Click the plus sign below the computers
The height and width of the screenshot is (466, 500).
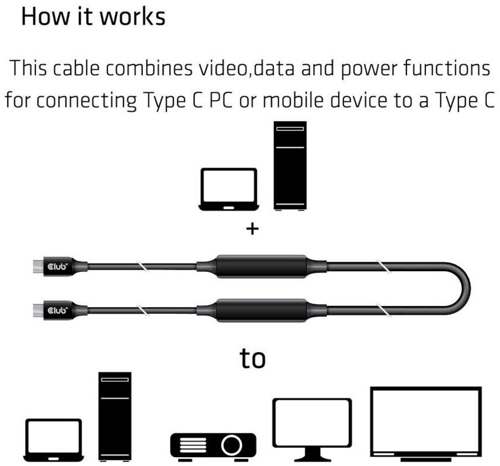coord(252,229)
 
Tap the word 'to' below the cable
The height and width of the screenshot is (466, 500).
coord(252,358)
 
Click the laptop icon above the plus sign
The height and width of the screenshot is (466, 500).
coord(228,189)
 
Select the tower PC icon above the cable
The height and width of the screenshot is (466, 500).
coord(290,166)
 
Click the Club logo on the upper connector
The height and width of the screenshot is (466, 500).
coord(58,267)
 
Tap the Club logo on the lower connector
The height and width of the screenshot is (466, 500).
coord(58,310)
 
